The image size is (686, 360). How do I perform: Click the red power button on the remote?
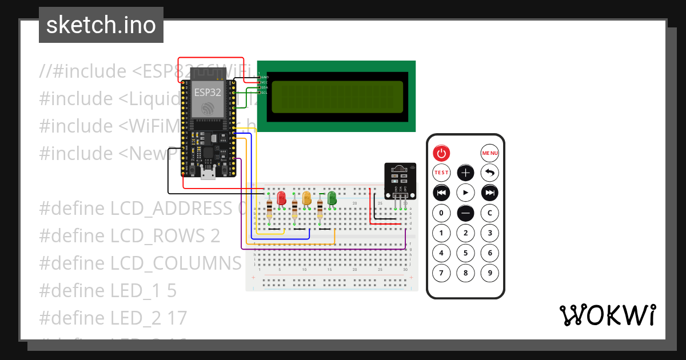[x=441, y=153]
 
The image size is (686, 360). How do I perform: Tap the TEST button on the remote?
[x=441, y=172]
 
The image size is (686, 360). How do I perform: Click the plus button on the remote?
[x=466, y=173]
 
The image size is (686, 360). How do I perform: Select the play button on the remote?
[x=466, y=193]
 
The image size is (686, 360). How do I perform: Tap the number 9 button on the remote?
[x=490, y=273]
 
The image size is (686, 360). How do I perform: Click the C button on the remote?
[x=490, y=214]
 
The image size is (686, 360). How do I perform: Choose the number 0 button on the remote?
[x=441, y=214]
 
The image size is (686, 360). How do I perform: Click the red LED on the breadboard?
[x=281, y=198]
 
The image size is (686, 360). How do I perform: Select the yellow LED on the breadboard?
[x=306, y=198]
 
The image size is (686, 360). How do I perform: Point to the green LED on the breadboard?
[x=332, y=198]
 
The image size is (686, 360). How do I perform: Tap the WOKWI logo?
[x=607, y=315]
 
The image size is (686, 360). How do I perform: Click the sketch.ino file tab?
[x=101, y=25]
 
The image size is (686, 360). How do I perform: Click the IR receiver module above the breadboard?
[x=400, y=179]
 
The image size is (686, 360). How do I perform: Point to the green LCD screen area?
[x=337, y=97]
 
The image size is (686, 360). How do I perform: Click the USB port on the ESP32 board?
[x=208, y=173]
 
